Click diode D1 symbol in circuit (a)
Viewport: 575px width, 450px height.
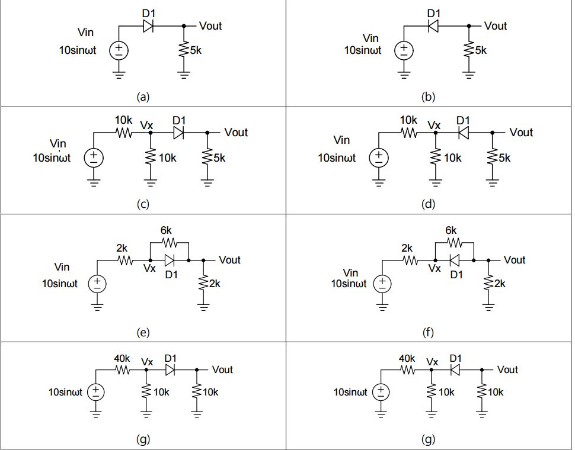[148, 26]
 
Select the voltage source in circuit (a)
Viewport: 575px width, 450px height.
[119, 50]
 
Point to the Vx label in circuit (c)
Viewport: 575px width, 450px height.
[146, 124]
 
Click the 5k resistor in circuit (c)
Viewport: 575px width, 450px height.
[207, 158]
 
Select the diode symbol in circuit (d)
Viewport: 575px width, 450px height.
[464, 133]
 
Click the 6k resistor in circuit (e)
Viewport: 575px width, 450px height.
[168, 242]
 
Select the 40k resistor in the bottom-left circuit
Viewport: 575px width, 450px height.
[123, 370]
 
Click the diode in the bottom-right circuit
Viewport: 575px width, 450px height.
[455, 370]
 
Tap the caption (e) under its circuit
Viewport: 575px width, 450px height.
[143, 332]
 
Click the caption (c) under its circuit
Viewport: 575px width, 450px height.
[143, 204]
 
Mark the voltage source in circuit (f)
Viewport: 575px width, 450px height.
[382, 284]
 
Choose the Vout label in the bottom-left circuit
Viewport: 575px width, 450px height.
[222, 369]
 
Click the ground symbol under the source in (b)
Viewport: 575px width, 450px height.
[404, 75]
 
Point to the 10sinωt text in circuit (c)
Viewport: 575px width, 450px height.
[52, 158]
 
